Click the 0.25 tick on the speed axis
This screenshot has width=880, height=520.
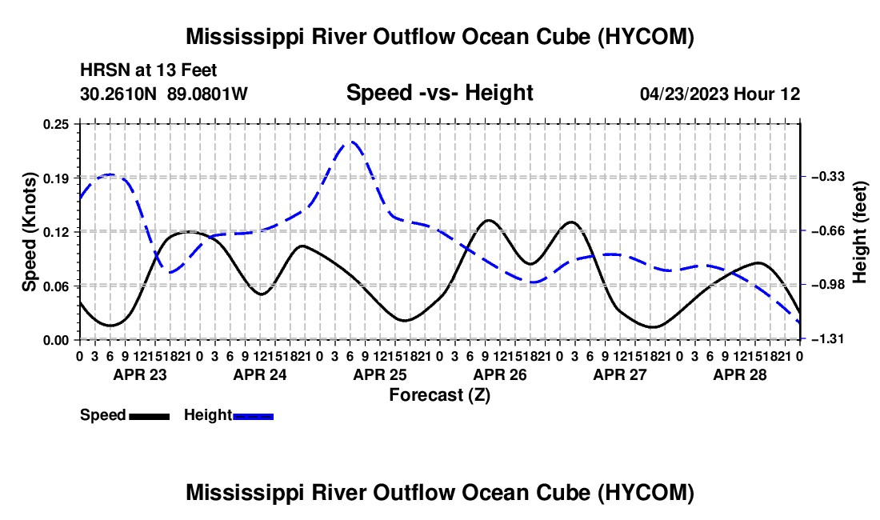55,124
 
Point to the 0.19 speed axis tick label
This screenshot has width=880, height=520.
55,178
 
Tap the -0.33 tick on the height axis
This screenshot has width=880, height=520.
828,177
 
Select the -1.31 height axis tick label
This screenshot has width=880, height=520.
828,339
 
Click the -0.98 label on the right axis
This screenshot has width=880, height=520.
828,285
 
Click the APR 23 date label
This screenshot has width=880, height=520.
140,374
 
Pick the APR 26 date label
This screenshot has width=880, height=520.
500,374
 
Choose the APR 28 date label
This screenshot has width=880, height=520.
740,374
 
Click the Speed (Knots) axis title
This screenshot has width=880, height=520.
29,232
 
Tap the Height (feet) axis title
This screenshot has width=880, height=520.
860,232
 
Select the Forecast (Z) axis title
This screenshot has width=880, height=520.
439,395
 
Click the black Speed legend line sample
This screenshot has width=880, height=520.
150,417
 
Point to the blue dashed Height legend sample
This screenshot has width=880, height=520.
253,417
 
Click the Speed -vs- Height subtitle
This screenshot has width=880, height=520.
439,93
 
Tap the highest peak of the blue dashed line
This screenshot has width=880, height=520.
351,142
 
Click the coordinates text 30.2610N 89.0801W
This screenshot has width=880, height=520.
164,94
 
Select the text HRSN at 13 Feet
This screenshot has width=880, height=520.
149,70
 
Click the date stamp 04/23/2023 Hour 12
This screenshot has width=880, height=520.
720,94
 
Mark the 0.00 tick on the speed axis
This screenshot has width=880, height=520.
55,340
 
